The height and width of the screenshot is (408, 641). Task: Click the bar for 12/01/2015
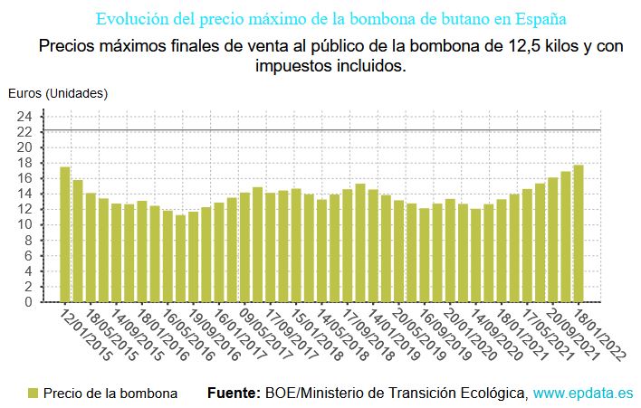click(65, 234)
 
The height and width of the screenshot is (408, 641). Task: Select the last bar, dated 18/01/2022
click(579, 233)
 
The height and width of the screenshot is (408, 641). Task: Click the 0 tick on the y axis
click(28, 302)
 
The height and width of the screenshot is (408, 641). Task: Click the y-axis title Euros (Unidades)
click(58, 92)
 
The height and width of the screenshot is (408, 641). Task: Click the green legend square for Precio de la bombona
click(33, 394)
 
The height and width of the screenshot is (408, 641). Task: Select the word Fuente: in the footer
click(234, 394)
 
